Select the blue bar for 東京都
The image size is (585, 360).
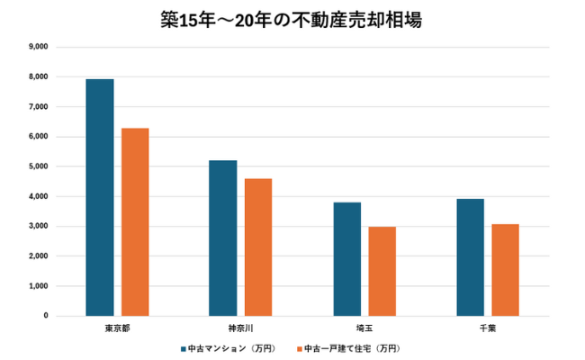[100, 198]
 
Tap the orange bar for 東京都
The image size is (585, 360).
[135, 222]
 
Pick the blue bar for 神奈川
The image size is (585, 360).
[223, 238]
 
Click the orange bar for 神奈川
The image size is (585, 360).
[258, 247]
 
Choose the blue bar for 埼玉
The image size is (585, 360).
[346, 259]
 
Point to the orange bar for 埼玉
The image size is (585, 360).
[382, 272]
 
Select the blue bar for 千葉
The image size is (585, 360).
[470, 257]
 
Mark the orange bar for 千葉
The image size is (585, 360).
[505, 270]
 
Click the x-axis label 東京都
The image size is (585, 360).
[117, 328]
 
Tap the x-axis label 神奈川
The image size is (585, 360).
[240, 328]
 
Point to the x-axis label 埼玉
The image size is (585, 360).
[364, 328]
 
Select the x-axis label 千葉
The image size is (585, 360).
[487, 328]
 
